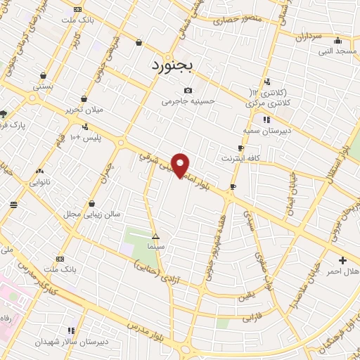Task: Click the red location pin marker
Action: [181, 165]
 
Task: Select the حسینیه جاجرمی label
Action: [187, 101]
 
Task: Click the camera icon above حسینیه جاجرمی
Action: [188, 90]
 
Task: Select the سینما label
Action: [155, 248]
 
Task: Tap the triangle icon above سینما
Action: [155, 237]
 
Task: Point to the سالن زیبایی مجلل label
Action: [92, 213]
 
